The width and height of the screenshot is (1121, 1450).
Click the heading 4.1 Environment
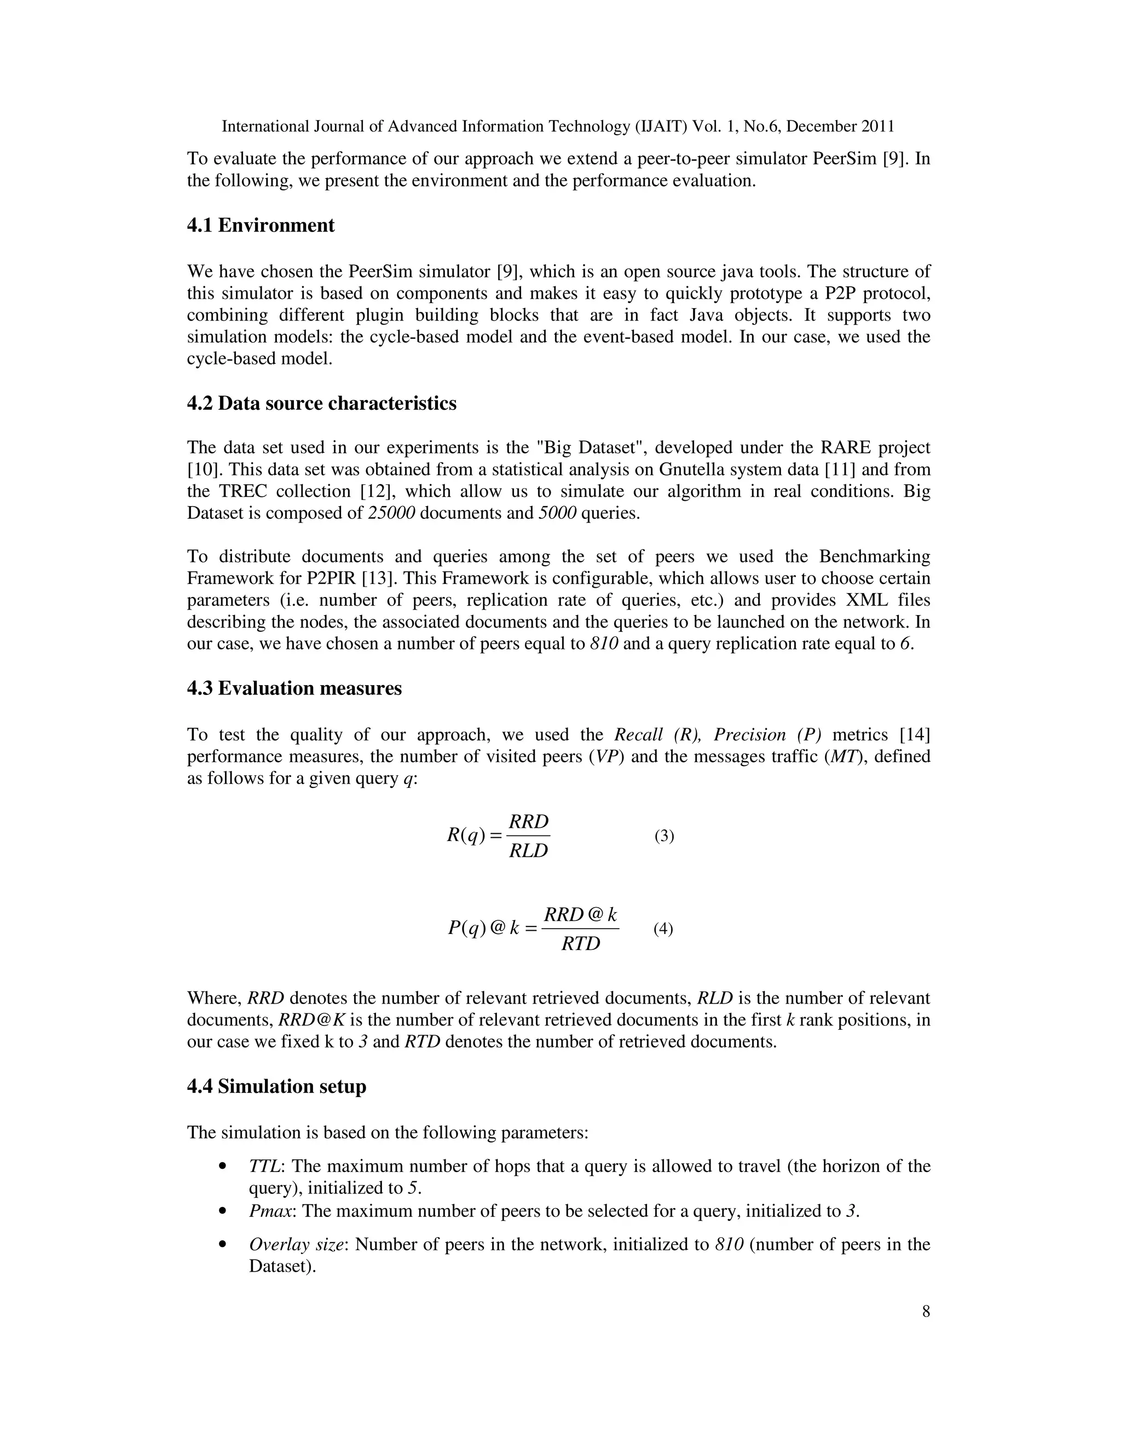tap(261, 226)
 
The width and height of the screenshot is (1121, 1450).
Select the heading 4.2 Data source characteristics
tap(321, 404)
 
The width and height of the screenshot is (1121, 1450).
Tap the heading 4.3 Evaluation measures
tap(294, 688)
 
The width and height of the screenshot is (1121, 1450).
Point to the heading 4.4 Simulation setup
tap(276, 1087)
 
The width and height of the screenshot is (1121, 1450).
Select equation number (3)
tap(664, 836)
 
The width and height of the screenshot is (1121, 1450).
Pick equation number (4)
tap(663, 929)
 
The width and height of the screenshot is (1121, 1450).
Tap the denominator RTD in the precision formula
tap(580, 944)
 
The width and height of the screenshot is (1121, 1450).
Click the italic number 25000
tap(392, 513)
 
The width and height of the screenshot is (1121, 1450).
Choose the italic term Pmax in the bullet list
tap(271, 1211)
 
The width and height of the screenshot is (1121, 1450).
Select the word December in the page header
tap(821, 126)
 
